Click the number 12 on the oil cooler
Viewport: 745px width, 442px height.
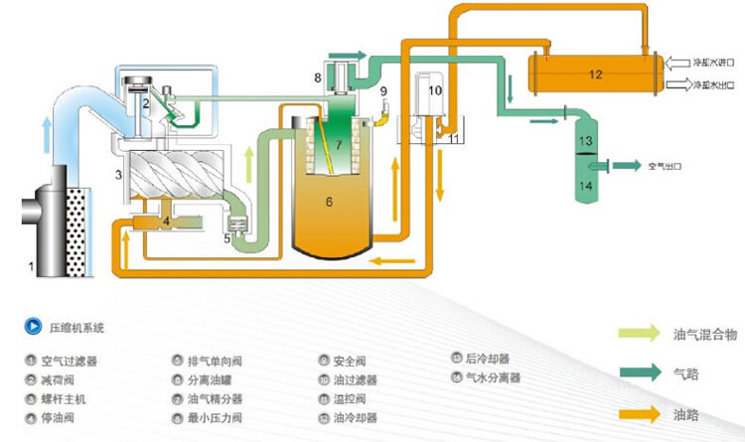click(x=595, y=74)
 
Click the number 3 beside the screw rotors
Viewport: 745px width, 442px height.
click(x=118, y=176)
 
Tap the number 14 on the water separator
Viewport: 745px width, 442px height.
click(x=586, y=185)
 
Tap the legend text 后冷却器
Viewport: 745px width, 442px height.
click(x=485, y=359)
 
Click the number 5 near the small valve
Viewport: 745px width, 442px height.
click(x=226, y=238)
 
